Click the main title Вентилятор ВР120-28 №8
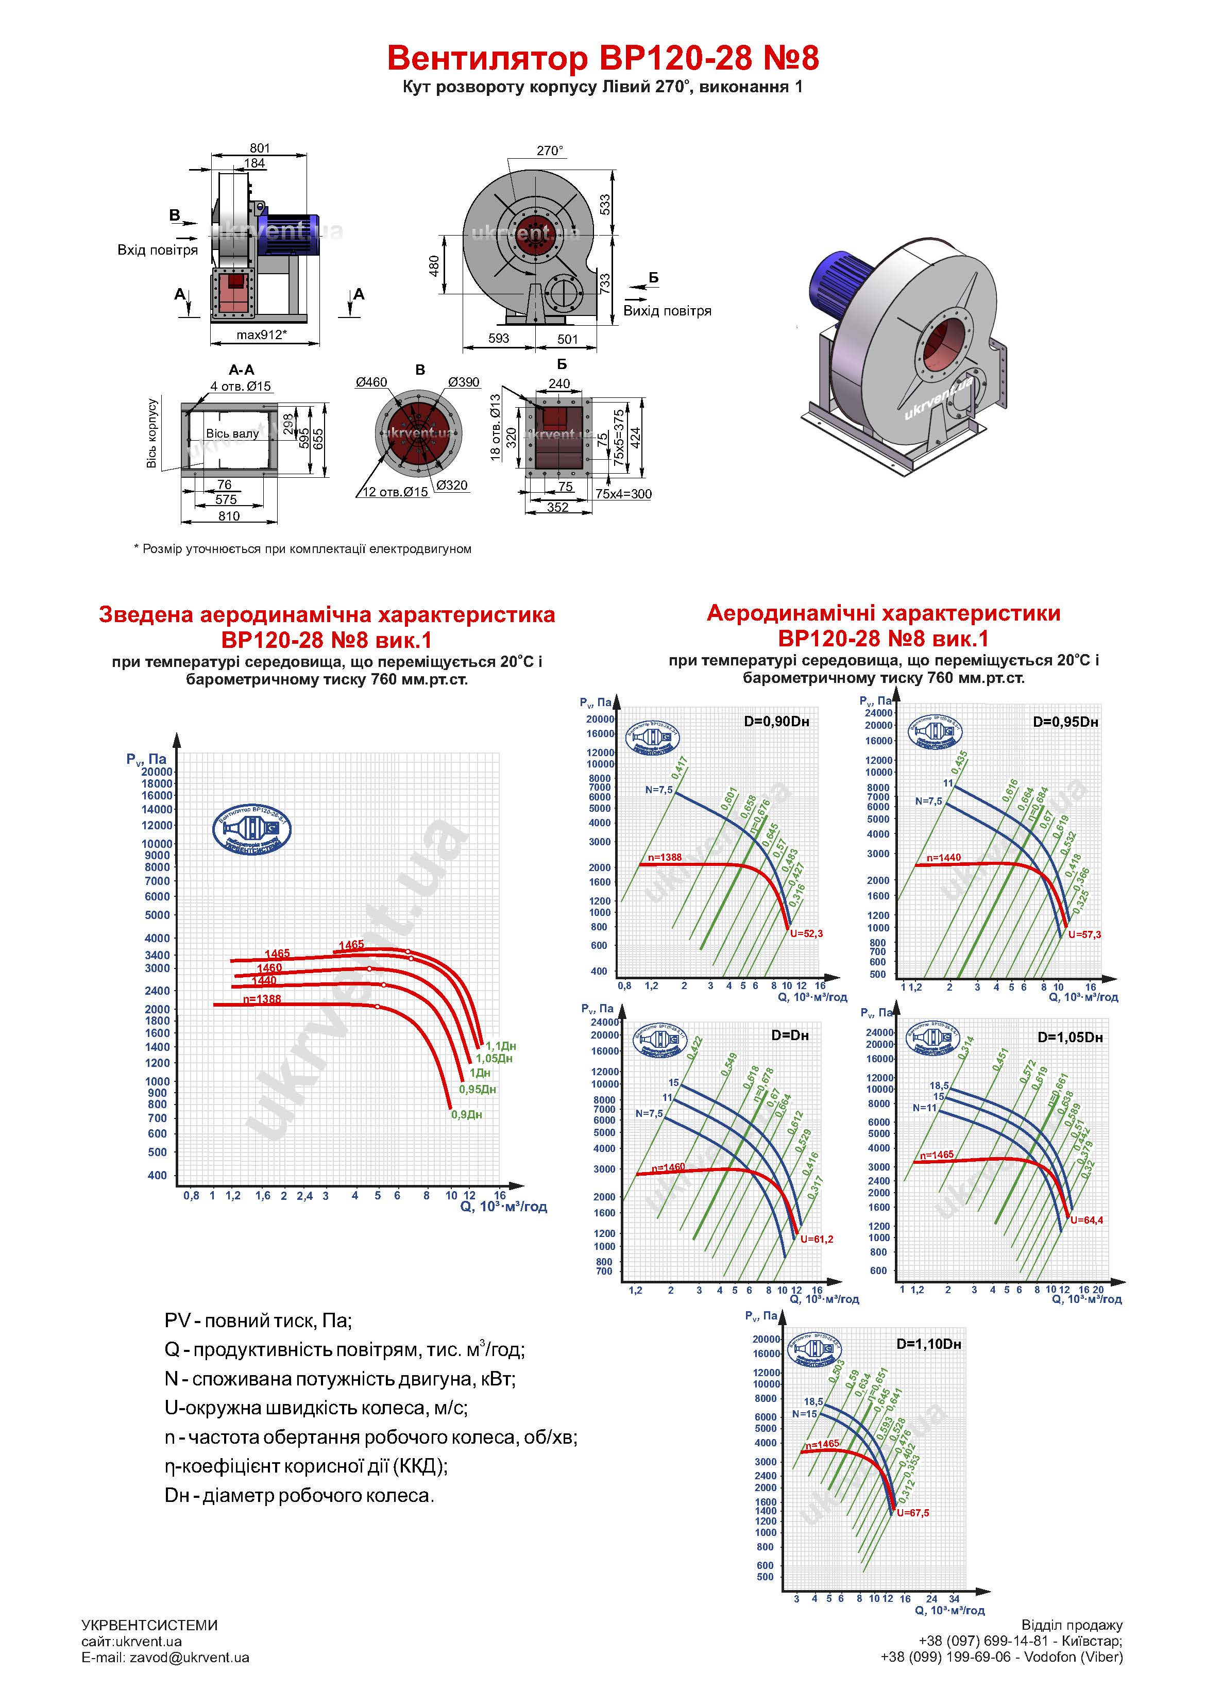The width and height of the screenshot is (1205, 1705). [602, 58]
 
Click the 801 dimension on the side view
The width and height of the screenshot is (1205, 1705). [259, 148]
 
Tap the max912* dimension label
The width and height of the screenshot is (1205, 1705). [261, 335]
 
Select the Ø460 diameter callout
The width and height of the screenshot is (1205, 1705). [371, 382]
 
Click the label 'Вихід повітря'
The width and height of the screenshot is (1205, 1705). [667, 311]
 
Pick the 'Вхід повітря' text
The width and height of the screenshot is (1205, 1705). [158, 250]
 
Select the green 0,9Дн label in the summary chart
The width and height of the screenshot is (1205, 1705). [466, 1115]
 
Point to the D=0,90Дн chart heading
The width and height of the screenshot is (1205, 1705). [776, 721]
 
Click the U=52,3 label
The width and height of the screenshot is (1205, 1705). [806, 933]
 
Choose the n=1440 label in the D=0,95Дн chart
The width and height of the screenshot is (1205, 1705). [943, 858]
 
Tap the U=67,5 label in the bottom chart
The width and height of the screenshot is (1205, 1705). [912, 1513]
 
